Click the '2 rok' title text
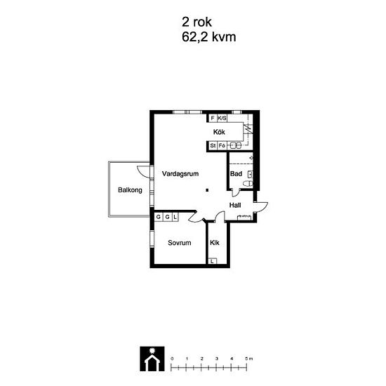(197, 22)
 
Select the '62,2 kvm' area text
(208, 37)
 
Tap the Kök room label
(219, 132)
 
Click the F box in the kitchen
(213, 118)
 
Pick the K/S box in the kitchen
(222, 118)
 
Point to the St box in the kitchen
(213, 145)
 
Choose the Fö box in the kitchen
(222, 145)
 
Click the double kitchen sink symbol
(236, 145)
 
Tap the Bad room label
(236, 174)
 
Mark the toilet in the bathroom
(248, 183)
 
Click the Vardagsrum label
(180, 174)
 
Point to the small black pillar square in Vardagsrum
(208, 190)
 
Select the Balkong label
(130, 190)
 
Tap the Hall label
(235, 205)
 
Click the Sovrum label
(180, 243)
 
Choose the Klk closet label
(215, 243)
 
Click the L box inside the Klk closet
(212, 261)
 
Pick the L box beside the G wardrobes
(175, 217)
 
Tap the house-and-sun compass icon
(152, 359)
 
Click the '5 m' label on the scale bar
(249, 359)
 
